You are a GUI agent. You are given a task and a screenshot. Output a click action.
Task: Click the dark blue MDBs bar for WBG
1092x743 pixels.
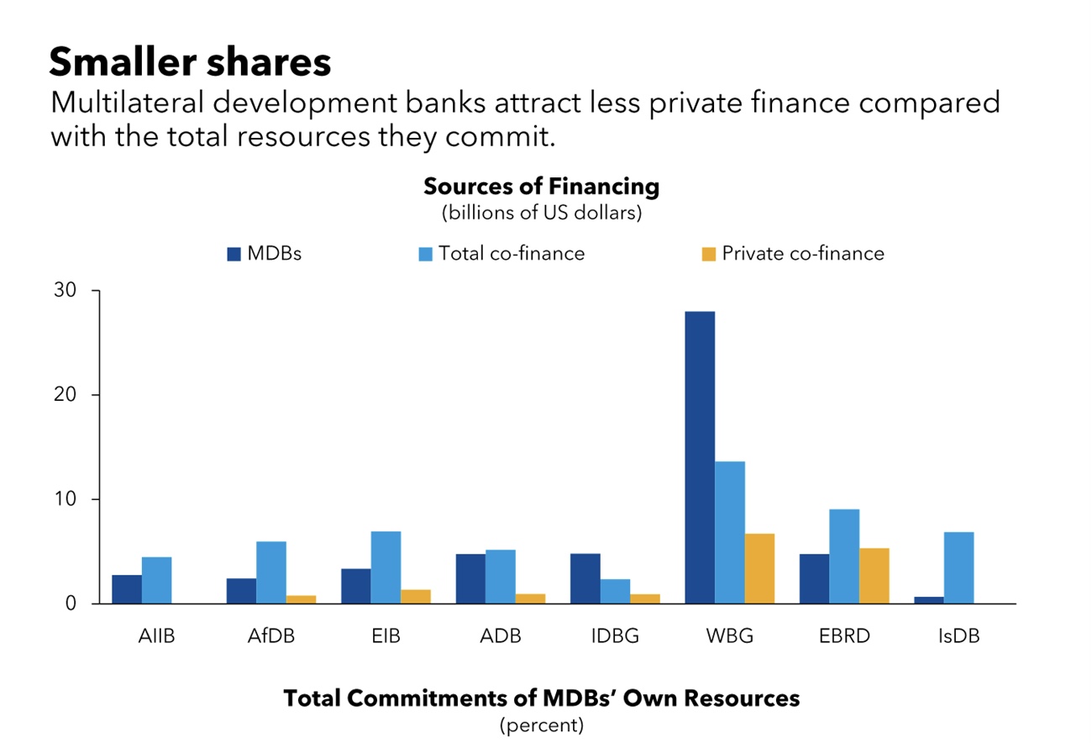tap(700, 457)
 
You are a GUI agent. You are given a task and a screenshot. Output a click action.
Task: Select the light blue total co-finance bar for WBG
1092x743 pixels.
tap(730, 532)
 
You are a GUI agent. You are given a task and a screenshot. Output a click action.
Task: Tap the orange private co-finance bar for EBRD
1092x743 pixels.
tap(874, 576)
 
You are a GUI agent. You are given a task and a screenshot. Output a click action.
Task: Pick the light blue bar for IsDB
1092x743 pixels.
tap(958, 567)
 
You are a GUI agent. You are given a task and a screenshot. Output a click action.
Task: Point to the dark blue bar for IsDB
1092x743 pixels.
tap(929, 599)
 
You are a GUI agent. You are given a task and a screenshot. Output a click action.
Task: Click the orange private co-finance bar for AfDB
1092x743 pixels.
tap(301, 599)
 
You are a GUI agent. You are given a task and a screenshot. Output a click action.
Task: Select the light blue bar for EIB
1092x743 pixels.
tap(386, 567)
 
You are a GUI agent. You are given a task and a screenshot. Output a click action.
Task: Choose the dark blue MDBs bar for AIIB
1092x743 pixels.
tap(127, 589)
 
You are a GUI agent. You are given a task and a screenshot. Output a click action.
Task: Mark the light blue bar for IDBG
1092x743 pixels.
tap(615, 591)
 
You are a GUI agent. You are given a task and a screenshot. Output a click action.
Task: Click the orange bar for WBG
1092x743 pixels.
tap(759, 568)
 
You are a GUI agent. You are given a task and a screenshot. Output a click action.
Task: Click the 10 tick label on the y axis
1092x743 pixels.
tap(66, 499)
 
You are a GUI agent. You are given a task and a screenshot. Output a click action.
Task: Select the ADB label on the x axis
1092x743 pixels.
tap(501, 635)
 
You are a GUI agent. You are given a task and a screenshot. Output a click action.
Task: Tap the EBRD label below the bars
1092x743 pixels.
tap(844, 635)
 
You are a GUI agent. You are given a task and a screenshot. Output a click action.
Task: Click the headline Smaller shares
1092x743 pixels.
tap(190, 62)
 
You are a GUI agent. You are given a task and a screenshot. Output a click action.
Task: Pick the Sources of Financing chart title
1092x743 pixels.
tap(541, 187)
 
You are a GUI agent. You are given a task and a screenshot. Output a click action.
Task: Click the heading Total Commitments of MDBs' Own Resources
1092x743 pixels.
tap(541, 698)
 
